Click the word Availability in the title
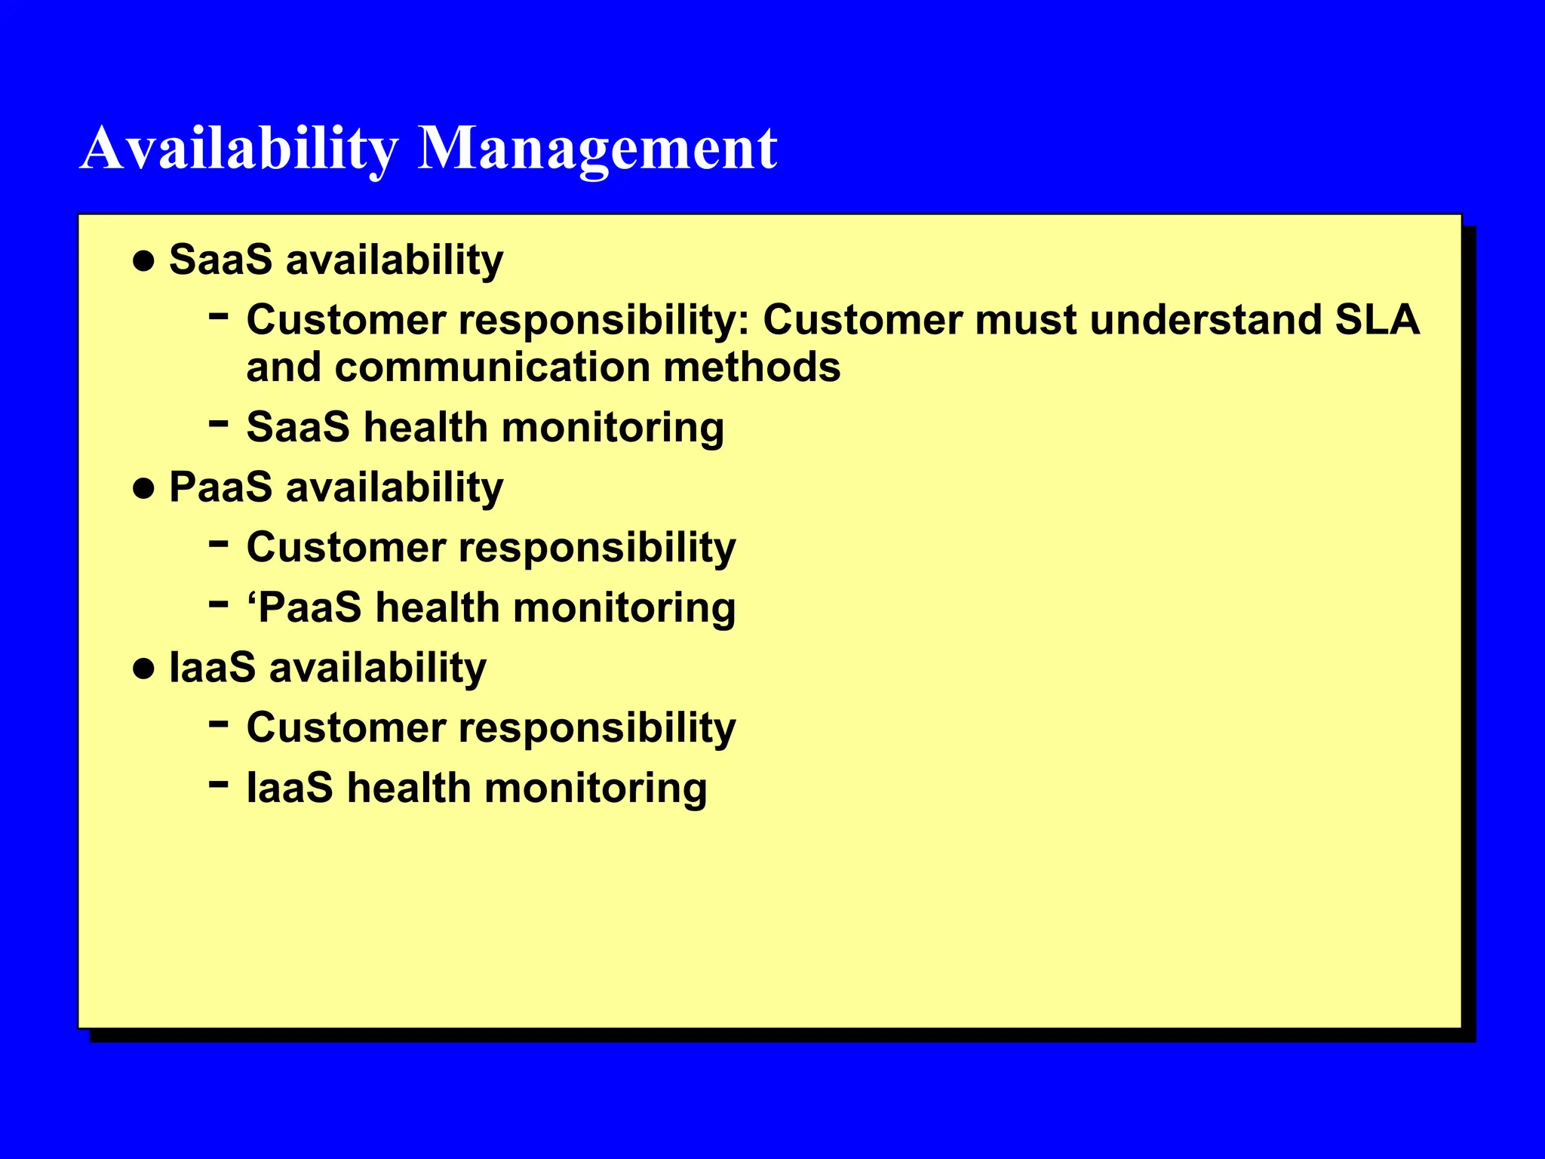pos(238,148)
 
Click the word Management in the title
pos(597,148)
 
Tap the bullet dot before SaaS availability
pos(143,262)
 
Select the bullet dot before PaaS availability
pos(143,489)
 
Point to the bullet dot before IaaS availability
pos(143,669)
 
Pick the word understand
pos(1205,320)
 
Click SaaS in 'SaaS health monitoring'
pos(298,427)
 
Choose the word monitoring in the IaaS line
pos(595,789)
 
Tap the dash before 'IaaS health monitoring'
pos(218,785)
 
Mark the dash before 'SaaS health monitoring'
pos(218,424)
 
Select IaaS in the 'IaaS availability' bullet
pos(212,668)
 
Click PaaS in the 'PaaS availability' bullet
pos(220,487)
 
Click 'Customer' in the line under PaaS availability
pos(346,547)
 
